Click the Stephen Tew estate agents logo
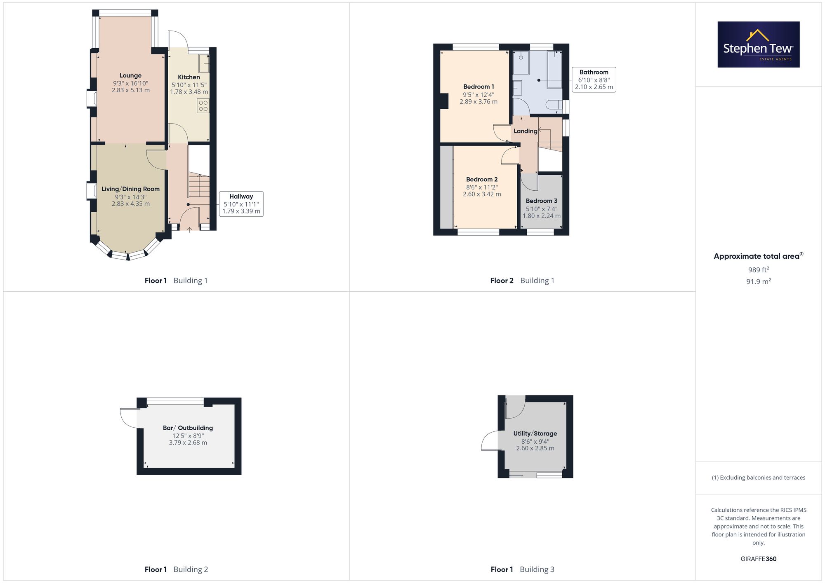coord(759,44)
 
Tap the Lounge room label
coord(130,75)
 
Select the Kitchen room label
coord(189,77)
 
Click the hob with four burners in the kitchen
coord(203,106)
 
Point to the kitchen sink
coord(204,63)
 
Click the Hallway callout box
coord(241,204)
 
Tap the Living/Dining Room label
coord(131,189)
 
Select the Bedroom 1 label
coord(478,87)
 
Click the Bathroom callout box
coord(594,80)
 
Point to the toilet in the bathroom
coord(554,105)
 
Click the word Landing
coord(526,131)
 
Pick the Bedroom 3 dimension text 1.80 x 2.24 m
coord(542,216)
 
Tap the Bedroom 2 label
coord(482,179)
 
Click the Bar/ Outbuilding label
coord(188,428)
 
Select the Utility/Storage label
coord(535,433)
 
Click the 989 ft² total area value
coord(759,270)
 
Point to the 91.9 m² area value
coord(759,281)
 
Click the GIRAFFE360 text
coord(759,559)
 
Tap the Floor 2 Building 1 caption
coord(522,281)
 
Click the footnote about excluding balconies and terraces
coord(759,478)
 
